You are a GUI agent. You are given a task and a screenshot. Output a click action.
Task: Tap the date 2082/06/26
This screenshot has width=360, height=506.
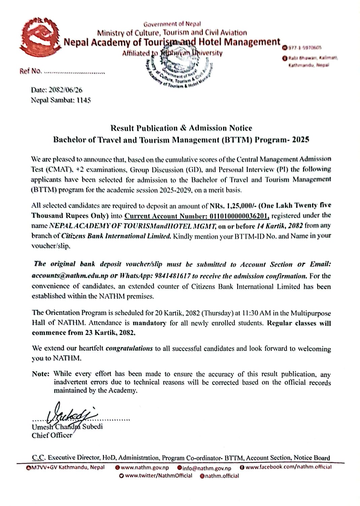66,90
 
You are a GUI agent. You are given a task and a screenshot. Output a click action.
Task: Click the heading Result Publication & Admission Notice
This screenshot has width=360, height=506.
181,128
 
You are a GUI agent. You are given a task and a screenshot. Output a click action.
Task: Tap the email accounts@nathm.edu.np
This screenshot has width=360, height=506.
70,276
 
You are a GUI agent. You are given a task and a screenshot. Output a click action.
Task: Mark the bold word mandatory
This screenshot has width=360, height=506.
149,323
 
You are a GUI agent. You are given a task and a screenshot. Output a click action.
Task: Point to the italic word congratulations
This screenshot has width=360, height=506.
129,349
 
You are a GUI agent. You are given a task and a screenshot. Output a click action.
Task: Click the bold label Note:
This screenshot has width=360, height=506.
41,374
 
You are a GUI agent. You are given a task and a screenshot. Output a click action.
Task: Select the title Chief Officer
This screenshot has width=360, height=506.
52,435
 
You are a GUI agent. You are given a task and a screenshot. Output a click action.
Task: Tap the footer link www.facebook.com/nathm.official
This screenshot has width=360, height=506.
288,467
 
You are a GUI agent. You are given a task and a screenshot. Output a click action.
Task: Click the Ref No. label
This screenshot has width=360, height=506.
30,71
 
